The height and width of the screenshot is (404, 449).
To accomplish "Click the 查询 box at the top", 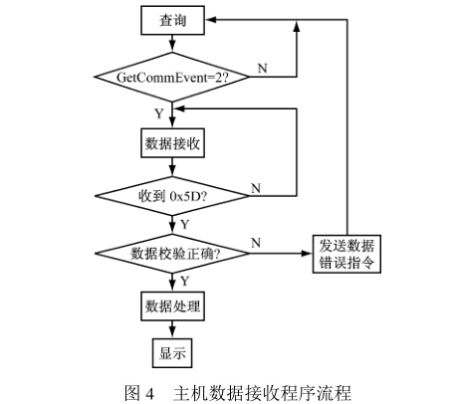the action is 172,20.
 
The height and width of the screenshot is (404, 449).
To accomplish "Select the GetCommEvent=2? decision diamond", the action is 172,77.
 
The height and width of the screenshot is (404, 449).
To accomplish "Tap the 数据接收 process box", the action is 172,143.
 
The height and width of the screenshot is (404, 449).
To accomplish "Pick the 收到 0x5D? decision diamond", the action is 172,196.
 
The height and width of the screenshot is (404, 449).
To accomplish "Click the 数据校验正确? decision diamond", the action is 172,254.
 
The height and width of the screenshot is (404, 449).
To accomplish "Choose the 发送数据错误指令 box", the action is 346,254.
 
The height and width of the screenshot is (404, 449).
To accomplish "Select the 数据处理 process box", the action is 172,305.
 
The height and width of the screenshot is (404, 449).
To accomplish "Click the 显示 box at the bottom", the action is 172,353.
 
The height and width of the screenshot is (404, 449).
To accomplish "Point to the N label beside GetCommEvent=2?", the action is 262,68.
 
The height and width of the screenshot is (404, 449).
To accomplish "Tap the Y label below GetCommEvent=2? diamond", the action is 159,113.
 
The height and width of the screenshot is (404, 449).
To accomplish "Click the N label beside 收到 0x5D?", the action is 256,188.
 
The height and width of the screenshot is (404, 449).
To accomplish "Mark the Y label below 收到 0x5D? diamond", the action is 184,225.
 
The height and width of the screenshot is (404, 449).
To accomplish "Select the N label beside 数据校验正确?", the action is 256,243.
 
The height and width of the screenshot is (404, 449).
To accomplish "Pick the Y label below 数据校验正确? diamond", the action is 184,282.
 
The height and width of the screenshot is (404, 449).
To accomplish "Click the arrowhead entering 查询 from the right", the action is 211,20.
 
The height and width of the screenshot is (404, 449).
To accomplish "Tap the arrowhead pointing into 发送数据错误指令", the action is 307,254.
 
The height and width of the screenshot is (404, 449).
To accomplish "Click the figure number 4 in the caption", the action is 150,394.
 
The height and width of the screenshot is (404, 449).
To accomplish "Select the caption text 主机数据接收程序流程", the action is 263,393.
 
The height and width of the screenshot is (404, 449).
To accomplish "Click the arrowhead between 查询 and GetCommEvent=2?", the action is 172,47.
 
